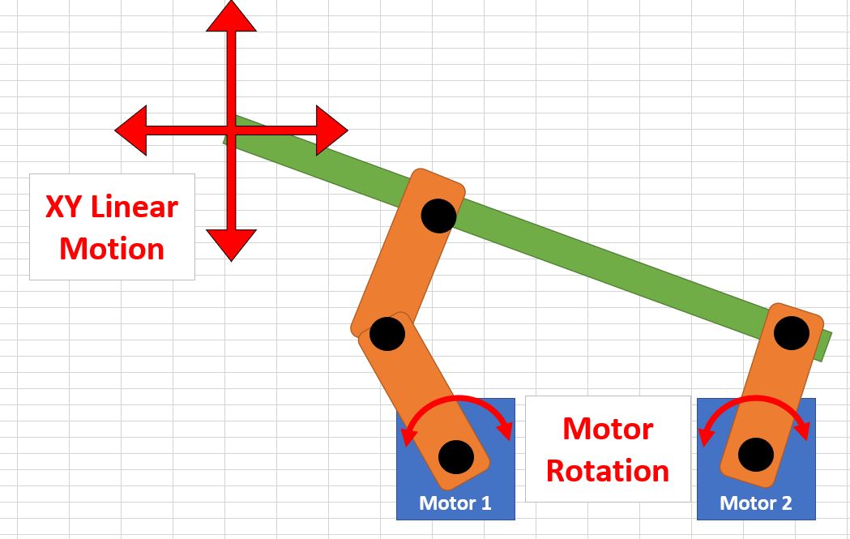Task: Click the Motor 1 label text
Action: coord(455,503)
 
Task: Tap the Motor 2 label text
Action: coord(756,503)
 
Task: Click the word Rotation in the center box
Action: coord(608,471)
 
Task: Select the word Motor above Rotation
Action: coord(608,428)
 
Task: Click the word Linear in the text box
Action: coord(135,207)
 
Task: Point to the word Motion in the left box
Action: coord(112,248)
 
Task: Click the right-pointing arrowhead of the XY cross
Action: coord(331,130)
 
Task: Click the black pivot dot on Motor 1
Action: coord(455,456)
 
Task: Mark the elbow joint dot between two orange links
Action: coord(387,333)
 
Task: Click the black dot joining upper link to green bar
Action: coord(438,216)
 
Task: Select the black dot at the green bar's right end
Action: coord(791,332)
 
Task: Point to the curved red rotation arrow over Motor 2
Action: coord(756,399)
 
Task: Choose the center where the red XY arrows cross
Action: coord(232,130)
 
